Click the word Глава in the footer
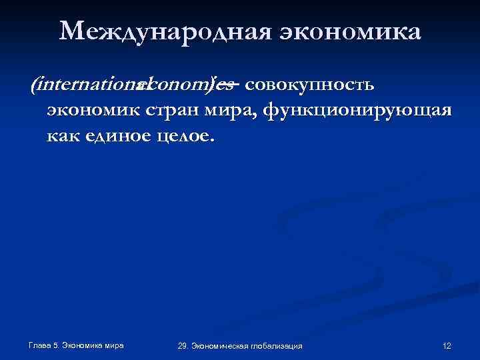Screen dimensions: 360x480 point(41,345)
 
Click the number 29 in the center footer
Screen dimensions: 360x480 point(183,345)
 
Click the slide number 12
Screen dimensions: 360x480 point(447,345)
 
